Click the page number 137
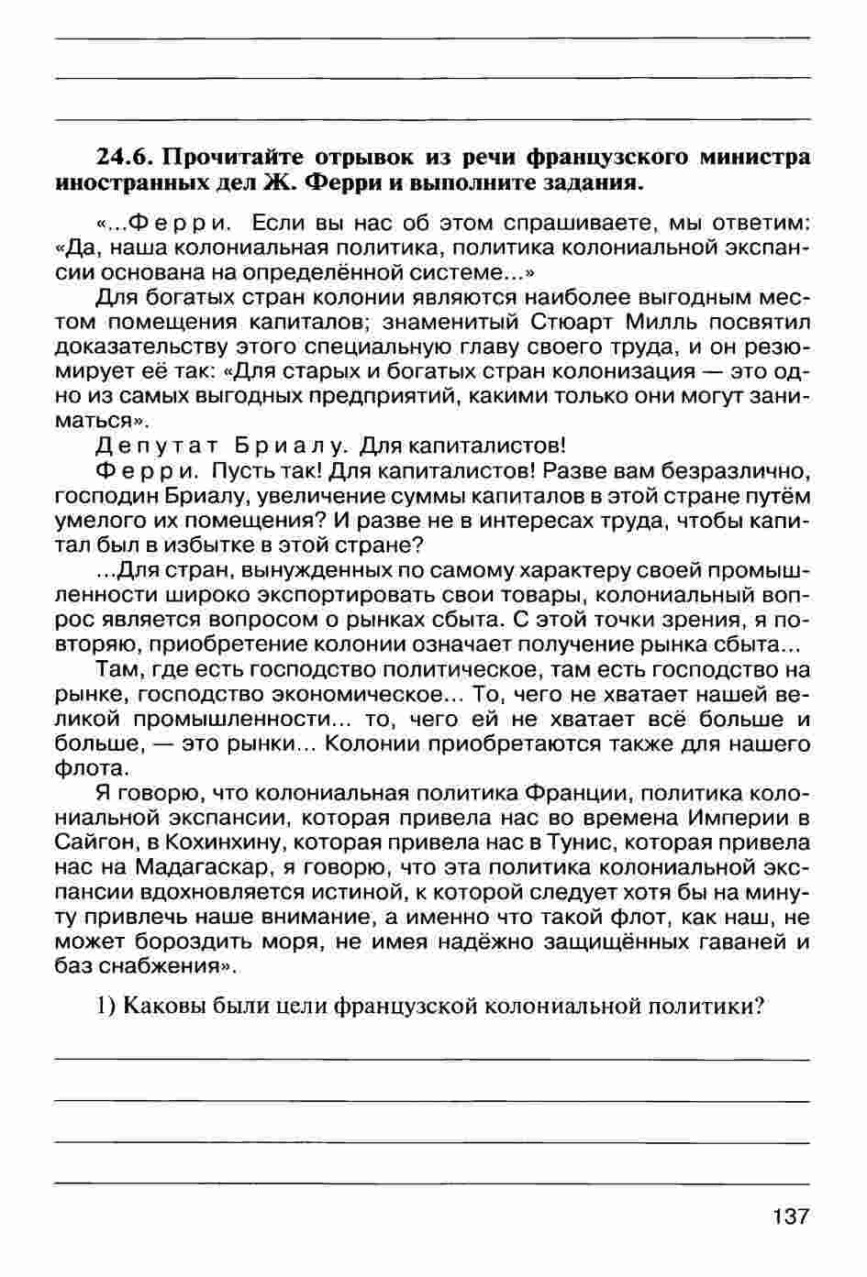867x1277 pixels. tap(790, 1216)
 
